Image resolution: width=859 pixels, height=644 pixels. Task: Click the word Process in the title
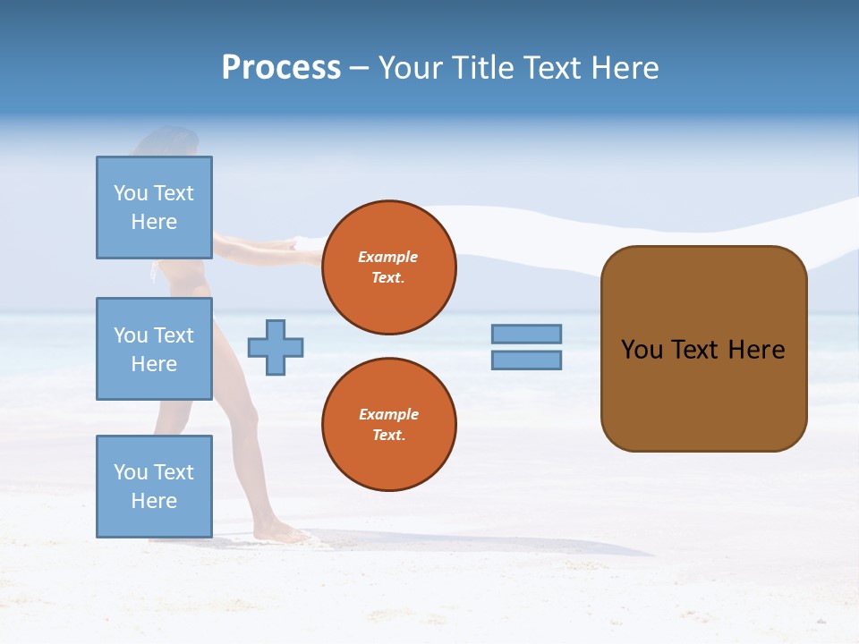coord(281,68)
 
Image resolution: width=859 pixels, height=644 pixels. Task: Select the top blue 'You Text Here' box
coord(154,208)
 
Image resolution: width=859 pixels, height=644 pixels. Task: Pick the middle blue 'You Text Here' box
coord(154,349)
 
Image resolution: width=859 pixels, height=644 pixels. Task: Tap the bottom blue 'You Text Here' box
coord(154,486)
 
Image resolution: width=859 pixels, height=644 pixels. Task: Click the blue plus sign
coord(276,347)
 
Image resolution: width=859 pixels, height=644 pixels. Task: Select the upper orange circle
coord(388,267)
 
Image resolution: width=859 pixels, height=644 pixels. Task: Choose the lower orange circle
coord(388,425)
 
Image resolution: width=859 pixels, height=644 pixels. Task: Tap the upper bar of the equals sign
coord(526,334)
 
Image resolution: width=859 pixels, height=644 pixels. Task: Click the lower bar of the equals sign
coord(526,360)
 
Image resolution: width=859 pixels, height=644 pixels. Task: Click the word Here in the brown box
coord(756,350)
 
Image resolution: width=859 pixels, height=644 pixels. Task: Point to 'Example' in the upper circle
coord(388,257)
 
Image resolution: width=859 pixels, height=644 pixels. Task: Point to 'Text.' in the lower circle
coord(388,436)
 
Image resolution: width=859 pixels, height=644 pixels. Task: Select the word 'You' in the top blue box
coord(130,193)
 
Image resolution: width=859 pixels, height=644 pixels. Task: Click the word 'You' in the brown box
coord(642,350)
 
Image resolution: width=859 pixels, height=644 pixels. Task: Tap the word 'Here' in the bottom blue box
coord(154,501)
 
